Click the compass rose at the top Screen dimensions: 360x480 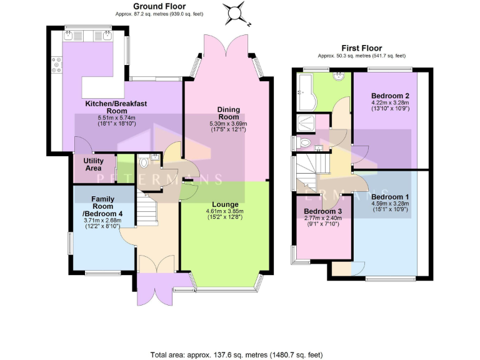[x=236, y=13]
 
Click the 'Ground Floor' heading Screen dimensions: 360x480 [x=159, y=6]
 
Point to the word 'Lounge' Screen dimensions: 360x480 [x=224, y=204]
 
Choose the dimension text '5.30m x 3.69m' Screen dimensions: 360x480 [x=228, y=124]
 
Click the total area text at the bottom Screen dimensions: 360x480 [x=236, y=354]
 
